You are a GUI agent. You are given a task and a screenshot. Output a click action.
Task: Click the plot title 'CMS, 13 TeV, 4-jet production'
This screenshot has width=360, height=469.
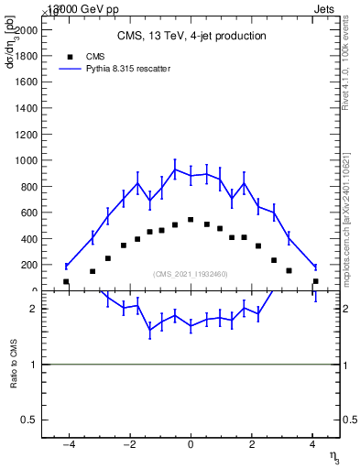[x=191, y=37]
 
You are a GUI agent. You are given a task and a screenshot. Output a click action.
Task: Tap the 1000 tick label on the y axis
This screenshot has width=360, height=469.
[x=26, y=160]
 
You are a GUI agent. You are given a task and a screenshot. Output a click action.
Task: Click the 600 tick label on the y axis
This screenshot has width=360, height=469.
[x=28, y=213]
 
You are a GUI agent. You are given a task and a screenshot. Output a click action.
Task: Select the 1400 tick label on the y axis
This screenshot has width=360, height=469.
[x=26, y=108]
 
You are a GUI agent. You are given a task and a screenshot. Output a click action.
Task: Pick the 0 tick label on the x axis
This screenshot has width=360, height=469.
[x=191, y=445]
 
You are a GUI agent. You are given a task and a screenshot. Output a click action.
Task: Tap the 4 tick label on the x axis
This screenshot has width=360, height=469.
[x=312, y=445]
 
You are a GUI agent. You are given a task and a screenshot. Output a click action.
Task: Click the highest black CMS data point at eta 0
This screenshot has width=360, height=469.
[x=191, y=220]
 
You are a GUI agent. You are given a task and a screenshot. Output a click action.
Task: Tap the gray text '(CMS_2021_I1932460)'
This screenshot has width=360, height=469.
[x=191, y=274]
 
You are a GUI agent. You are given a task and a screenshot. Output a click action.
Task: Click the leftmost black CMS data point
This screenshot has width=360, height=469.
[x=66, y=281]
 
